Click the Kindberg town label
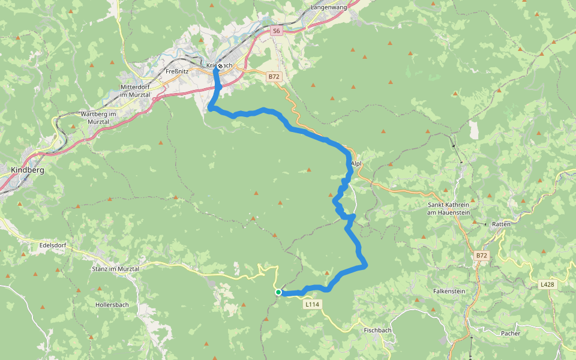[28, 170]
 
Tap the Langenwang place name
[329, 8]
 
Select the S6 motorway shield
[275, 30]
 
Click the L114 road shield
[312, 305]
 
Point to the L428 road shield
[547, 285]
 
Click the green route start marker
[279, 292]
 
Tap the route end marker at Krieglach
[220, 66]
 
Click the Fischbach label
[378, 331]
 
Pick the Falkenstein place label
[449, 290]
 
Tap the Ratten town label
[501, 224]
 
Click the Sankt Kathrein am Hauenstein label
[448, 208]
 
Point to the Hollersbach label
[112, 305]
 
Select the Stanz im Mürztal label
[115, 269]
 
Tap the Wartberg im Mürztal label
[98, 118]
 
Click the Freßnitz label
[177, 71]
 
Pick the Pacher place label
[511, 333]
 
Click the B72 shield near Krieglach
[274, 77]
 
